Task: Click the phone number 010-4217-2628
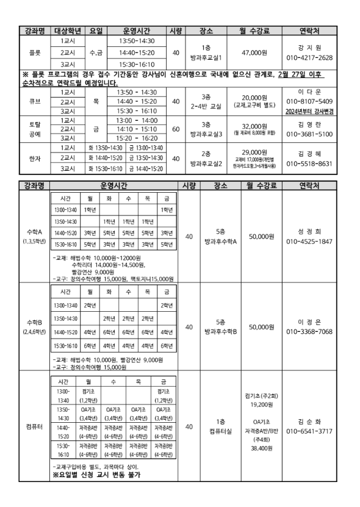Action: coord(309,58)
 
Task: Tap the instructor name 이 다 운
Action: coord(309,92)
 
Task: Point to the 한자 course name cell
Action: coord(35,157)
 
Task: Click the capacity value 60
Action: coord(176,129)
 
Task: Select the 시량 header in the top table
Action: coord(176,31)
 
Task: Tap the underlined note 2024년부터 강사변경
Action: coord(309,111)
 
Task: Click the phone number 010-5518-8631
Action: coord(309,164)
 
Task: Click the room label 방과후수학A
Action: coord(221,241)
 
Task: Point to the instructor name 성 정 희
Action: coord(309,231)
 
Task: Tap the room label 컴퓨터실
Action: coord(221,431)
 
